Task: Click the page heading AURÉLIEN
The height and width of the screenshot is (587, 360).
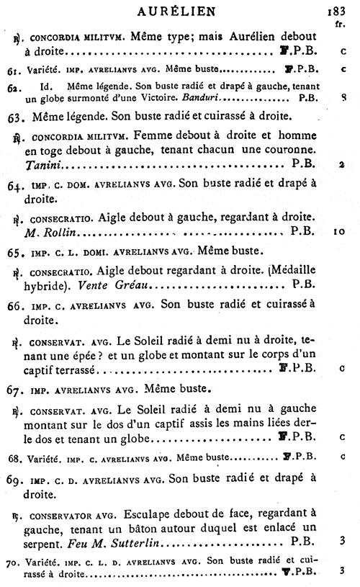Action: coord(179,11)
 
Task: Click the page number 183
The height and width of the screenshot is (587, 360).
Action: coord(337,11)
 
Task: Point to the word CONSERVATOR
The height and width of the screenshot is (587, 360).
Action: coord(70,516)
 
